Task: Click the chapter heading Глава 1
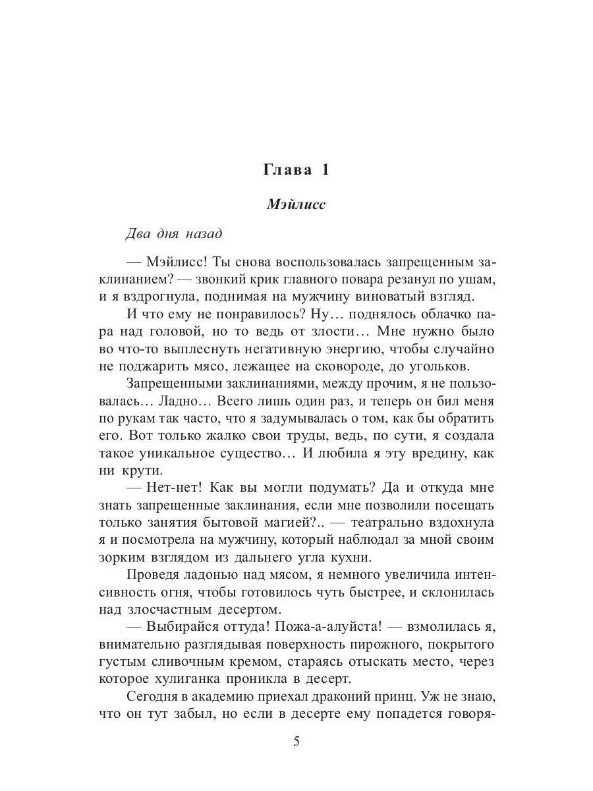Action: [296, 169]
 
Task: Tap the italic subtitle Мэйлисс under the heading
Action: [296, 204]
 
